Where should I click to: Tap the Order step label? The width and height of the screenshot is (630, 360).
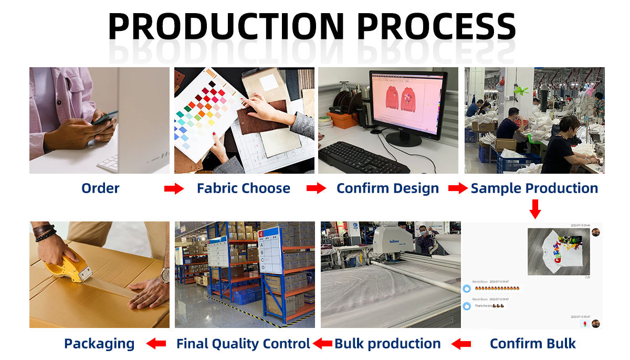pyautogui.click(x=100, y=188)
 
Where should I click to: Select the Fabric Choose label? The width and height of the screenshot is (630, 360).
pyautogui.click(x=243, y=188)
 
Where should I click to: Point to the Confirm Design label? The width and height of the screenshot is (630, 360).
pyautogui.click(x=387, y=188)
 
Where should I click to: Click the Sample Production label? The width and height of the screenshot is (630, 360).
pyautogui.click(x=534, y=188)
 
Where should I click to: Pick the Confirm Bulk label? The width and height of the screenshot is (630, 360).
pyautogui.click(x=532, y=344)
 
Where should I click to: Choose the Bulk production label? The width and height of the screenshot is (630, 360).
pyautogui.click(x=387, y=344)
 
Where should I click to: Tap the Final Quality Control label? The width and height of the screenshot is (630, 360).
pyautogui.click(x=243, y=344)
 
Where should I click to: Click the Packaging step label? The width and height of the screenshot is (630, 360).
pyautogui.click(x=99, y=344)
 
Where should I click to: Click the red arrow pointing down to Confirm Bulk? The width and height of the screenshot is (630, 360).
pyautogui.click(x=534, y=209)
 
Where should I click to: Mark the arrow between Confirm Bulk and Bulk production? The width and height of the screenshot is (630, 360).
pyautogui.click(x=461, y=344)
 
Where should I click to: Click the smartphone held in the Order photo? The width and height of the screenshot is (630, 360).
pyautogui.click(x=104, y=117)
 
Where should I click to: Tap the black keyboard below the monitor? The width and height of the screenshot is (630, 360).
pyautogui.click(x=363, y=157)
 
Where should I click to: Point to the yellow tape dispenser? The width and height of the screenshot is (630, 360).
pyautogui.click(x=68, y=268)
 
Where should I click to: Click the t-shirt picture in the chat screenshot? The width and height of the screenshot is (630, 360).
pyautogui.click(x=558, y=251)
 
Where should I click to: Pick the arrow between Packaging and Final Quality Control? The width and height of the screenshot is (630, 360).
pyautogui.click(x=156, y=344)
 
